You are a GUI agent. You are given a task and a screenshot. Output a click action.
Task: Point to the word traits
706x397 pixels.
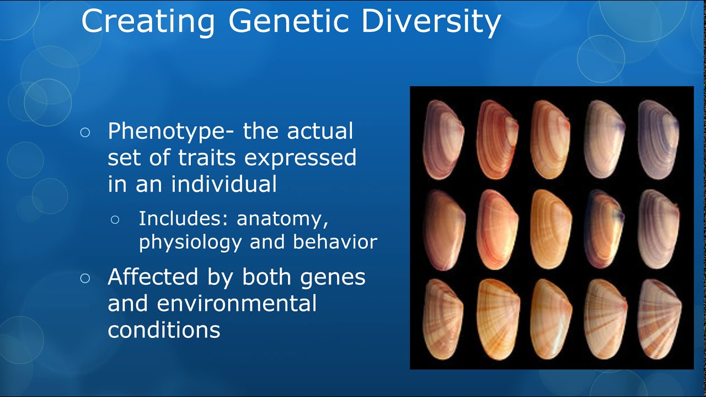207,157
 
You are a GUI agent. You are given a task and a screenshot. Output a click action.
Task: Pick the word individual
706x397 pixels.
224,184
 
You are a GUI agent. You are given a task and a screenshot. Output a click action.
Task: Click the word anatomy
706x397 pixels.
282,219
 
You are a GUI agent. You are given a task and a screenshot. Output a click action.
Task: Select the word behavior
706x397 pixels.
335,242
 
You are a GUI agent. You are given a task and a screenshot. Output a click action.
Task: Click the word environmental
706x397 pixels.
237,303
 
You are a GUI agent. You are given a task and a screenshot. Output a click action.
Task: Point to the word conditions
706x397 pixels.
164,330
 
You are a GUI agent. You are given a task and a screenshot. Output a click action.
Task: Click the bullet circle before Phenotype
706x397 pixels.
85,132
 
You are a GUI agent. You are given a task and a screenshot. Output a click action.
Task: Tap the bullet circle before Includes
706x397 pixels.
115,219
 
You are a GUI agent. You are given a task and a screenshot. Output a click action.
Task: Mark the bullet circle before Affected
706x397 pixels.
85,278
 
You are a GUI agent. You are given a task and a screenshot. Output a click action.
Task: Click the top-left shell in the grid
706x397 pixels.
443,140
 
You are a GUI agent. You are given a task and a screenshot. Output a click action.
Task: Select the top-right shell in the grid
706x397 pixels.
659,140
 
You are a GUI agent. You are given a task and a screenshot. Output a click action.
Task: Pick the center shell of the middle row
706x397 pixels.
551,229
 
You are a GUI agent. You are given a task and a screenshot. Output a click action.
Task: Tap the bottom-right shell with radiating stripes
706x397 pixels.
659,319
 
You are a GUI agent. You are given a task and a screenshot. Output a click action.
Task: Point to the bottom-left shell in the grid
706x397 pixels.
443,319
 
